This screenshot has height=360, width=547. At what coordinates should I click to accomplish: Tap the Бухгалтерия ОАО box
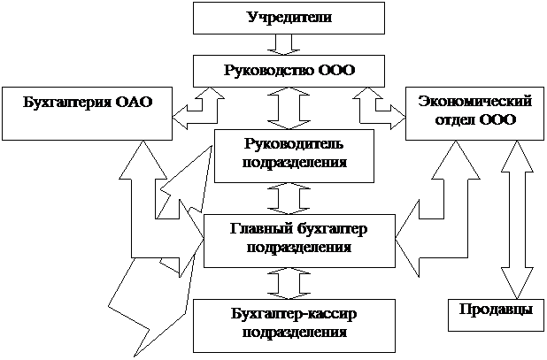coord(86,112)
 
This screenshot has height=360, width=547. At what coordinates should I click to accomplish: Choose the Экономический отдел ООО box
coord(466,112)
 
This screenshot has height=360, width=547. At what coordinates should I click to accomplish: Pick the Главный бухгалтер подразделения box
coord(298,239)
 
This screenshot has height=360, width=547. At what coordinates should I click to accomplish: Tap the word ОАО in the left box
coord(134,102)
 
